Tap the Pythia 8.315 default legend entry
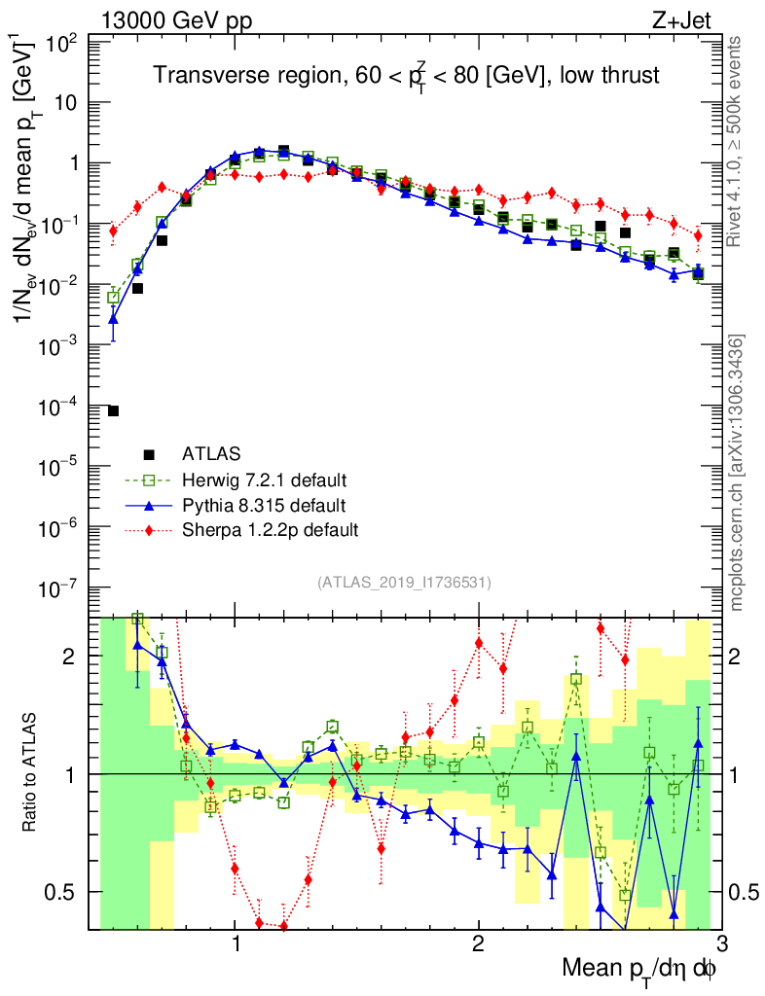[264, 505]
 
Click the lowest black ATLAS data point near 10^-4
[113, 411]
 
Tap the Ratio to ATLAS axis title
[32, 774]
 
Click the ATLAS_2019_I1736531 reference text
[403, 583]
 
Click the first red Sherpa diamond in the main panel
[113, 231]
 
